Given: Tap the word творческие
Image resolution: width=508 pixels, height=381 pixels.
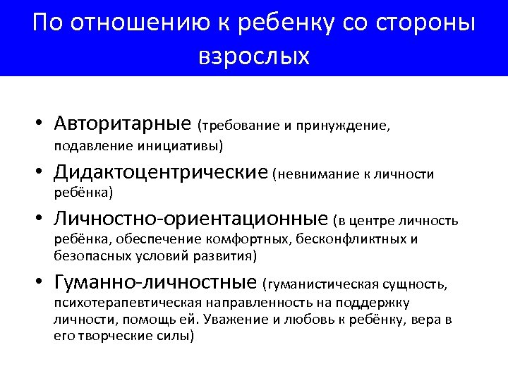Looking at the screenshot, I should coord(113,336).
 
